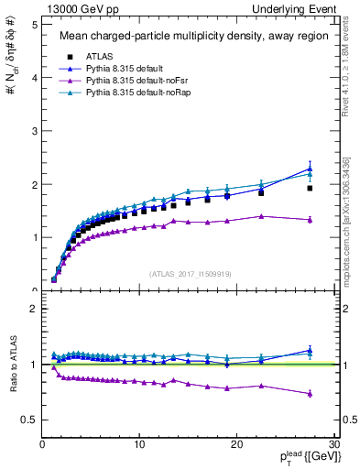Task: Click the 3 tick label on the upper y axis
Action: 33,131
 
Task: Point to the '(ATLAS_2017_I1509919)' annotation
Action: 189,273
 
